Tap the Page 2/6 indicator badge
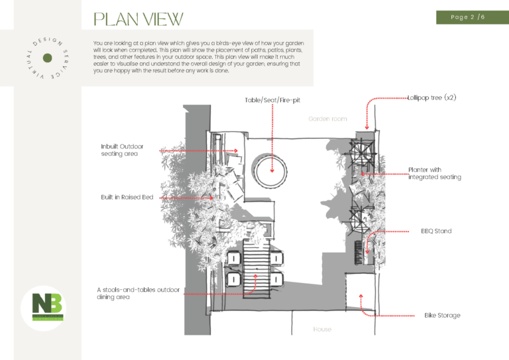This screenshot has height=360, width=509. coord(467,17)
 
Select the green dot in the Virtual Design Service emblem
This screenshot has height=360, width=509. coord(47,58)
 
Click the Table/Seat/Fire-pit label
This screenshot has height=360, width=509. coord(272,100)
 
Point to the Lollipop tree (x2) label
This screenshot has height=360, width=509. coord(431,97)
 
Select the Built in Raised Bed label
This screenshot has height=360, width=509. coord(127,197)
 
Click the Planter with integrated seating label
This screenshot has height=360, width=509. coord(434,173)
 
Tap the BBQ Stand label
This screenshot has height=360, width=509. coord(435,231)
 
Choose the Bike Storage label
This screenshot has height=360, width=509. coord(442,315)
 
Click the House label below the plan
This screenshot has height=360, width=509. coord(322,329)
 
